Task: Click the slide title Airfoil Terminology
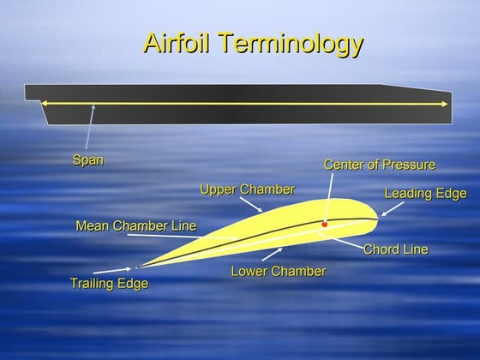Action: click(x=252, y=43)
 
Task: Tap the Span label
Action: click(x=87, y=159)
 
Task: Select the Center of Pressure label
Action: click(x=380, y=164)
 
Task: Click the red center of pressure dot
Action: click(x=325, y=225)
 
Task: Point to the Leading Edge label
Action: click(x=425, y=193)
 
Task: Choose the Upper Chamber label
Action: click(x=247, y=189)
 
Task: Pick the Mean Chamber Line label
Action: click(x=136, y=226)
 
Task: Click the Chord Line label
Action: click(x=395, y=249)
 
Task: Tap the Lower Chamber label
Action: click(x=279, y=272)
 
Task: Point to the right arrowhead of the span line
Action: click(x=445, y=105)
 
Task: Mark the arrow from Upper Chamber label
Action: click(x=250, y=204)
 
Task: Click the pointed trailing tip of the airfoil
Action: click(x=136, y=267)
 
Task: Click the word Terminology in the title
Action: click(x=286, y=43)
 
